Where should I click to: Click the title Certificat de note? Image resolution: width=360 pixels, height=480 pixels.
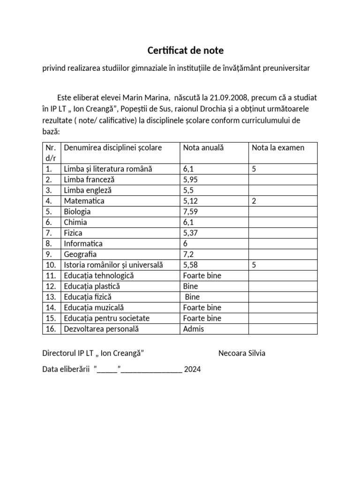[186, 50]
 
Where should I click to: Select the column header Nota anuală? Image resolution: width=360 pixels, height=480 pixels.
[203, 148]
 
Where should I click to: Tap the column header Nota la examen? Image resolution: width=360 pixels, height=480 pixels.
[278, 148]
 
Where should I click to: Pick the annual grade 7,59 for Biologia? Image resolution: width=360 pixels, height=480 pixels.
[192, 212]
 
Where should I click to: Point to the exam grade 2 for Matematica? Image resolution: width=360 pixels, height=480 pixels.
[254, 201]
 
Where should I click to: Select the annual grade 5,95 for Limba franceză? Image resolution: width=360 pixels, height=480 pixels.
[192, 180]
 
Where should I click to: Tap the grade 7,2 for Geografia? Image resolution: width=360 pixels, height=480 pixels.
[189, 255]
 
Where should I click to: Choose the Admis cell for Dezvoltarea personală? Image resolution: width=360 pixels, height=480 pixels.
[194, 329]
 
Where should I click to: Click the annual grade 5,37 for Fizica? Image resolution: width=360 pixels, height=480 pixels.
[192, 233]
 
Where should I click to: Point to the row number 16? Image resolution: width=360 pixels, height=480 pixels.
[51, 329]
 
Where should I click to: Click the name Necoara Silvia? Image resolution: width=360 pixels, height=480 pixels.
[242, 353]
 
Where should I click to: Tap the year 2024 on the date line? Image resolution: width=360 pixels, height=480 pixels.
[192, 369]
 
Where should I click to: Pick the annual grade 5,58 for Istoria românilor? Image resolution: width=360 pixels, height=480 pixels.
[192, 265]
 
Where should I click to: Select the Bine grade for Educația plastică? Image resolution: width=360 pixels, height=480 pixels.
[190, 286]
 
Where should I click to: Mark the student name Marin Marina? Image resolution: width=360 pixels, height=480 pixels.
[146, 98]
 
